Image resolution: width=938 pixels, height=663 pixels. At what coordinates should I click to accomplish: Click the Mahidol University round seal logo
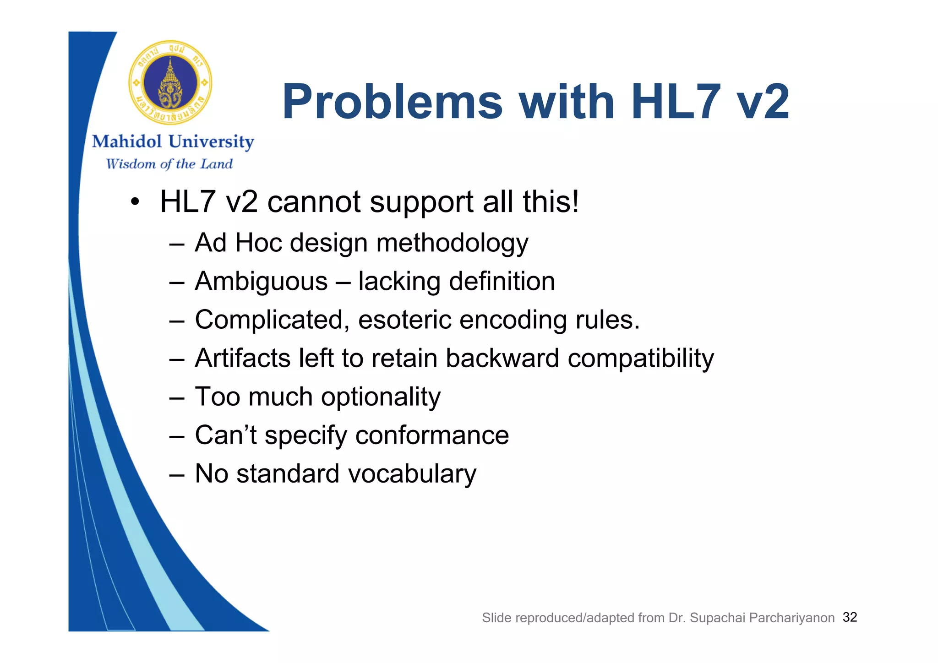pos(170,83)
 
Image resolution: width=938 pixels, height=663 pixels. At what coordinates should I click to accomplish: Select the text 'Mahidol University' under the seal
pos(173,141)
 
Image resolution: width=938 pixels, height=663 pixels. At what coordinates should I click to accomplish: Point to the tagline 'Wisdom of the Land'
pos(169,164)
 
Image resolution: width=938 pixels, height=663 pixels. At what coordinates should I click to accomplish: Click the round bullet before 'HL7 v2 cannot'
pos(134,202)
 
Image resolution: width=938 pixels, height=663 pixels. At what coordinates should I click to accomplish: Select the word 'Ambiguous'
pos(261,281)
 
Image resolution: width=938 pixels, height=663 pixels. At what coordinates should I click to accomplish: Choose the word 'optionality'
pos(381,397)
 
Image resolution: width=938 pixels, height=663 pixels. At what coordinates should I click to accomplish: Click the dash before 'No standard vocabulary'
pos(176,474)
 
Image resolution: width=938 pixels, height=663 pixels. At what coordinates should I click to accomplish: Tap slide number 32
pos(850,617)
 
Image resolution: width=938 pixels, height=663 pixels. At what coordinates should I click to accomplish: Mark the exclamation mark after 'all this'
pos(575,202)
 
